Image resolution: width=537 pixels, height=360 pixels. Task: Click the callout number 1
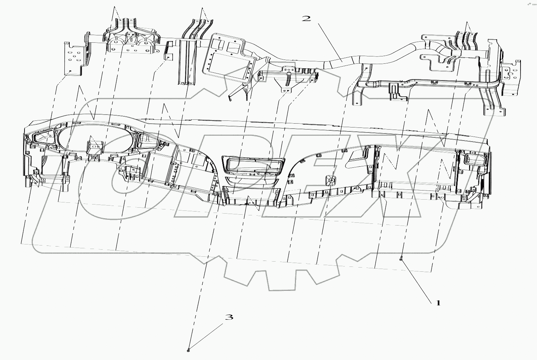[438, 303]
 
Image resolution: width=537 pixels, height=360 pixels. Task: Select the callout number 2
[306, 18]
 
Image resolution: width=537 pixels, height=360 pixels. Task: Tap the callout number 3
[229, 317]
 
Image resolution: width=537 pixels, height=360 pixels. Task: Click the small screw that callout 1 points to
[401, 259]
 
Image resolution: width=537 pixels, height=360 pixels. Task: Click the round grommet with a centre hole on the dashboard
[330, 180]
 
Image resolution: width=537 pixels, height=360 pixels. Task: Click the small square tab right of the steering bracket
[169, 51]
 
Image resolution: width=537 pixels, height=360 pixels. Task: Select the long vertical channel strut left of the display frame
[187, 61]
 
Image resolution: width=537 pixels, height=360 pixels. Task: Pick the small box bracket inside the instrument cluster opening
[94, 147]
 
